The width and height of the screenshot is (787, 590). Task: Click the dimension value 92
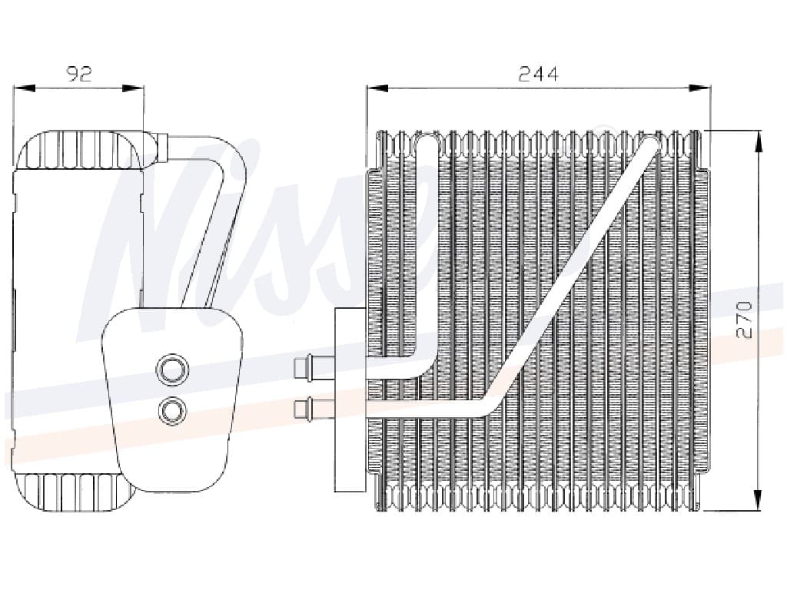[x=79, y=74]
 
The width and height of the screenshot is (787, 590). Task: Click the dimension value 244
[x=537, y=74]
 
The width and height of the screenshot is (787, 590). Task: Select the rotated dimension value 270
[x=744, y=320]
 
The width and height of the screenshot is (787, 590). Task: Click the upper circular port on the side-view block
[x=171, y=370]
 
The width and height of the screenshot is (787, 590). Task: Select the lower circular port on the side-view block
[x=171, y=411]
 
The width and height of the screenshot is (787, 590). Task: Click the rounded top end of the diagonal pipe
[x=650, y=144]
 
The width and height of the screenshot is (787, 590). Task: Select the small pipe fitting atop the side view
[x=161, y=147]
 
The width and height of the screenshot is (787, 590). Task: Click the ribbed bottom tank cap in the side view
[x=73, y=492]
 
